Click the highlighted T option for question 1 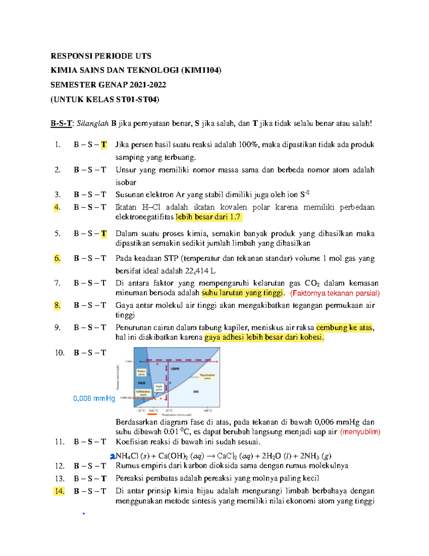tap(104, 145)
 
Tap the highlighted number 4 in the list tap(56, 207)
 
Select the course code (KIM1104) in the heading tap(201, 70)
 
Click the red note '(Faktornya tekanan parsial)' tap(335, 293)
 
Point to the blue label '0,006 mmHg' tap(94, 398)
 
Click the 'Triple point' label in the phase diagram tap(159, 388)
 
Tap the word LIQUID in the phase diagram tap(175, 368)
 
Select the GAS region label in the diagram tap(196, 392)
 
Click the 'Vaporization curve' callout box tap(207, 376)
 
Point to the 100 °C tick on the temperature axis tap(208, 410)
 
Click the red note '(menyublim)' tap(360, 432)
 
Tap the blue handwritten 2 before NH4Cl tap(113, 456)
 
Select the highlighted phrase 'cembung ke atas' tap(344, 328)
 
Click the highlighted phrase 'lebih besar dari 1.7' tap(208, 217)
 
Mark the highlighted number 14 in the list tap(59, 491)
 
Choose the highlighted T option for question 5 tap(104, 234)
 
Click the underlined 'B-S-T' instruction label tap(61, 124)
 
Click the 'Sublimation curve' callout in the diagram tap(143, 393)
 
